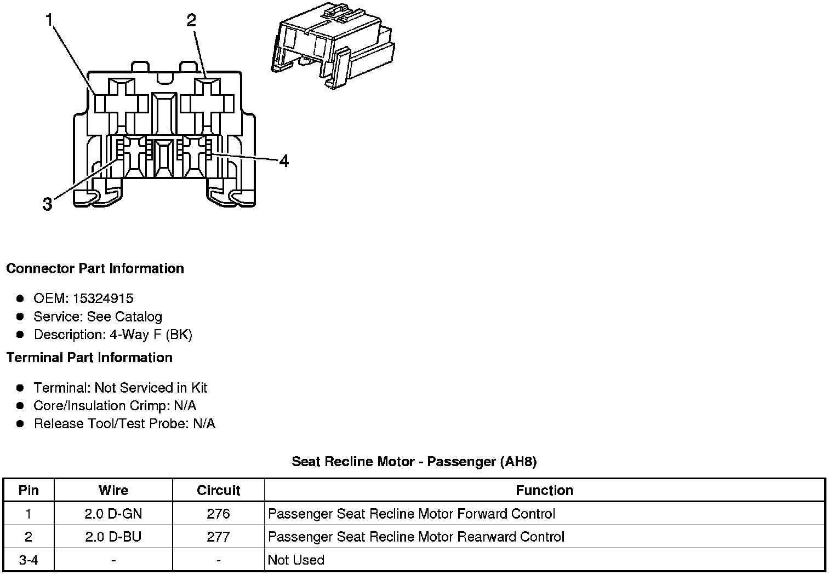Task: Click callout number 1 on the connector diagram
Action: (x=50, y=21)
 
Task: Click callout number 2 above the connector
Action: (x=191, y=21)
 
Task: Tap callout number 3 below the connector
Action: (x=48, y=205)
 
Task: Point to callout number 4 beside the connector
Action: (x=283, y=161)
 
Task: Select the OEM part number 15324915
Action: (x=103, y=298)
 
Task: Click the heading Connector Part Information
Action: (x=95, y=269)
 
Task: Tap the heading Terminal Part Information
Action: (x=89, y=358)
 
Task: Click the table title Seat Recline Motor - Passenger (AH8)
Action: (x=414, y=462)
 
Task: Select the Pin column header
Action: (x=28, y=490)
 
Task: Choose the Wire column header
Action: (x=113, y=490)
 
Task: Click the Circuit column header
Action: (x=218, y=490)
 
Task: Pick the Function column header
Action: (x=544, y=490)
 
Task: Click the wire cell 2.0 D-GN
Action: (x=113, y=514)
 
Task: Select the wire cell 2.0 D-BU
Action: (x=113, y=537)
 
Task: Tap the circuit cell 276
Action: (x=218, y=514)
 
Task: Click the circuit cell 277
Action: (x=218, y=537)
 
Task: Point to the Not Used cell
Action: (x=296, y=560)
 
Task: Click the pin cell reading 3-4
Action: (x=28, y=560)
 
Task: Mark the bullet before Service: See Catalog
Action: (x=20, y=317)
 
